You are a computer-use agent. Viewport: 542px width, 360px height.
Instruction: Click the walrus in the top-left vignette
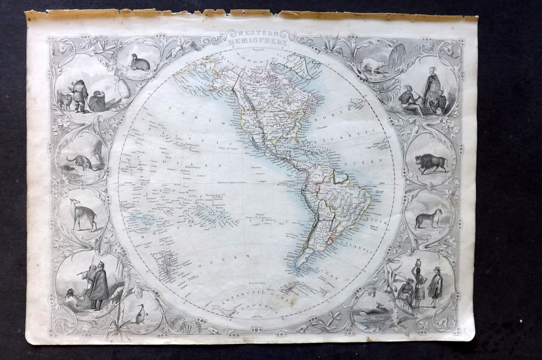pyautogui.click(x=140, y=64)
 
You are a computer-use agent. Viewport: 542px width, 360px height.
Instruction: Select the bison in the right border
pyautogui.click(x=431, y=163)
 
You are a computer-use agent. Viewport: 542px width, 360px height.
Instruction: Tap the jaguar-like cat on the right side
pyautogui.click(x=431, y=218)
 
